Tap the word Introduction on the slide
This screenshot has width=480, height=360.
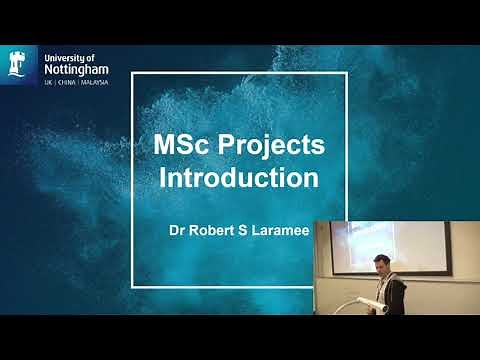[240, 180]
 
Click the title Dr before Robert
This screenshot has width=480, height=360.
[176, 229]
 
